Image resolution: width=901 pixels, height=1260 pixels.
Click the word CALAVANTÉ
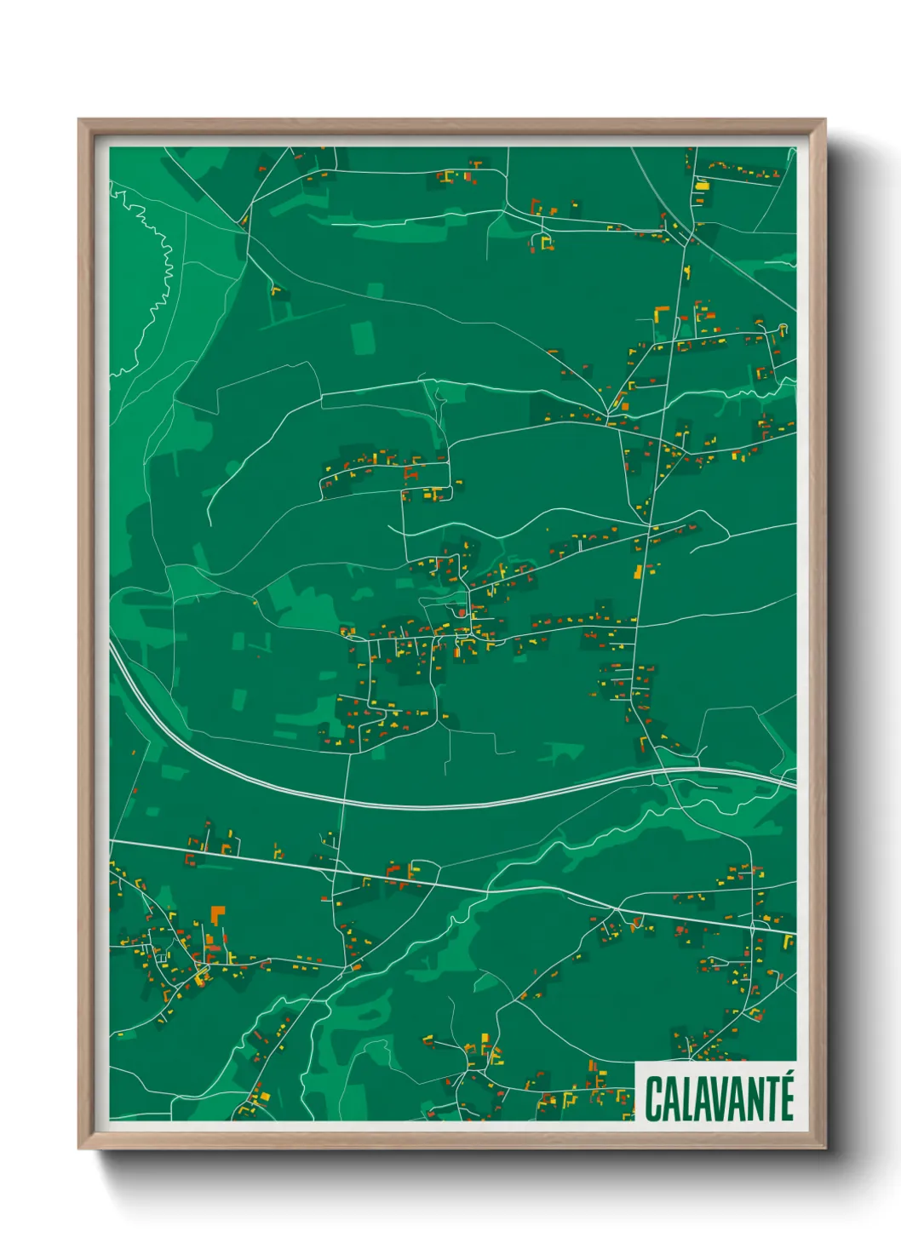pyautogui.click(x=720, y=1098)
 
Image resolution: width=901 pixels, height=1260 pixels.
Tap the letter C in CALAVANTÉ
pyautogui.click(x=654, y=1099)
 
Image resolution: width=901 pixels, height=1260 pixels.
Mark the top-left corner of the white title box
pyautogui.click(x=637, y=1062)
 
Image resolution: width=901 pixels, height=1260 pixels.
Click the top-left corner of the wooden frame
pyautogui.click(x=79, y=120)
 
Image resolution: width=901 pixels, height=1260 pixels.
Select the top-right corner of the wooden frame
pyautogui.click(x=824, y=120)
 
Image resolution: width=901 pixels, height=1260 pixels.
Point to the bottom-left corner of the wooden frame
pyautogui.click(x=79, y=1148)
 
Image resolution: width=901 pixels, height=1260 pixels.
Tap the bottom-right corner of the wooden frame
pyautogui.click(x=824, y=1148)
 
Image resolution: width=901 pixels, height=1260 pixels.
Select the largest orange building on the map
pyautogui.click(x=215, y=916)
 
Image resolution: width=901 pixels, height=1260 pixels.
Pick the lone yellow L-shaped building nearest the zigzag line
pyautogui.click(x=275, y=290)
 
